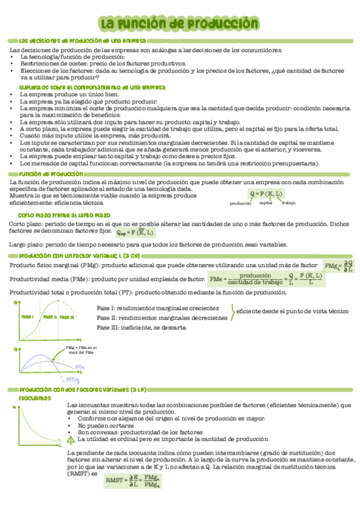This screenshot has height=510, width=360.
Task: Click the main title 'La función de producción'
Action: pos(179,23)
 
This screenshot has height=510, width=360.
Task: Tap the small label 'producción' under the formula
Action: pos(240,203)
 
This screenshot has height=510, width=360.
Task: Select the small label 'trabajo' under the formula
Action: pos(288,203)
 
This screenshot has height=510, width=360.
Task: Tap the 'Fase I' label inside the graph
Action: pos(28,316)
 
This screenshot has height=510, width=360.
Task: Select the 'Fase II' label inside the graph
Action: pos(50,317)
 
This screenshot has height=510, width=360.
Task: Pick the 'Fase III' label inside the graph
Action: pos(67,317)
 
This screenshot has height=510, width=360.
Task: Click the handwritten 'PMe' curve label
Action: pos(80,366)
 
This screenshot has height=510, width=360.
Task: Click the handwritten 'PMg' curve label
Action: pos(73,379)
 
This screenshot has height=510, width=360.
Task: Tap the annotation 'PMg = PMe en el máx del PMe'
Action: pos(81,351)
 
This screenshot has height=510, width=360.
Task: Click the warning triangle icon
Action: pos(72,440)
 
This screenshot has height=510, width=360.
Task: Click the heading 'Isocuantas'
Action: pos(30,398)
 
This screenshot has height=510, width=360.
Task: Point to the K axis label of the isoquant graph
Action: pos(14,408)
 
